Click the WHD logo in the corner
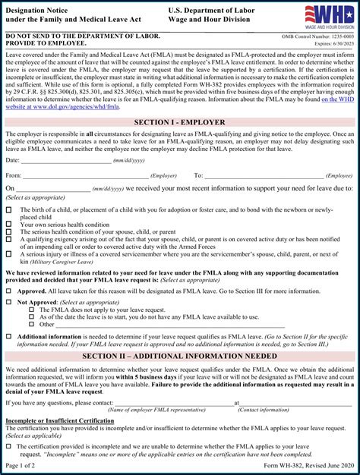click(329, 15)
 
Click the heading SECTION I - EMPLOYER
click(179, 122)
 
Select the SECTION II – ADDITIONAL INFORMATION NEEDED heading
click(179, 356)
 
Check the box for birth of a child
click(8, 210)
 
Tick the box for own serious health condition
click(8, 225)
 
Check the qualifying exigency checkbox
click(8, 240)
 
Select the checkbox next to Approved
click(8, 291)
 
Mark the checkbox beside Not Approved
click(8, 302)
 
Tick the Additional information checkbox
click(8, 336)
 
